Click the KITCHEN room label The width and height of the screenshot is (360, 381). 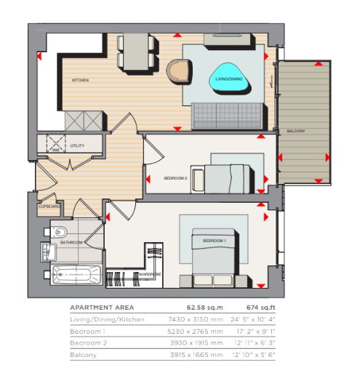click(x=80, y=80)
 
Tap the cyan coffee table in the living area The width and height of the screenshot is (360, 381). click(x=229, y=78)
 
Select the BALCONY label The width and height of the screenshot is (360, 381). click(x=295, y=131)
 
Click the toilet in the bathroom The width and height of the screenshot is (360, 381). click(x=59, y=232)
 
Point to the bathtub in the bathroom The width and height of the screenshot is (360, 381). click(x=76, y=275)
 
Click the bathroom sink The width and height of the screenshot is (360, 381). click(x=49, y=252)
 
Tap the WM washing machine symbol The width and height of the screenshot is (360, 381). click(x=56, y=144)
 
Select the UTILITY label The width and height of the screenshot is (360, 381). click(x=77, y=145)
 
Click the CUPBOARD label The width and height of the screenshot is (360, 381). click(x=49, y=206)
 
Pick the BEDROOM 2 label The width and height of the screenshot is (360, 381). click(x=175, y=178)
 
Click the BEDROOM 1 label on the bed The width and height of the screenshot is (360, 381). click(x=215, y=241)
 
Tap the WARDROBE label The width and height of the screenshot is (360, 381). click(x=150, y=274)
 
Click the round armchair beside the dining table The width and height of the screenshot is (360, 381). click(x=179, y=72)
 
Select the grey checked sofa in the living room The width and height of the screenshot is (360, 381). click(x=228, y=116)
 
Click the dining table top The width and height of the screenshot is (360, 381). click(x=136, y=52)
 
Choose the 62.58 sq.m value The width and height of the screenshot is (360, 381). click(x=204, y=308)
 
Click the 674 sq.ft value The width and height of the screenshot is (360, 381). click(x=261, y=308)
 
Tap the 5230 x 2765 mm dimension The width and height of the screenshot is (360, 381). click(x=195, y=332)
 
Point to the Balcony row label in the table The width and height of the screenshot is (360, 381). click(x=83, y=355)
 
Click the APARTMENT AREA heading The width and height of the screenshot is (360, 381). click(x=102, y=308)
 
